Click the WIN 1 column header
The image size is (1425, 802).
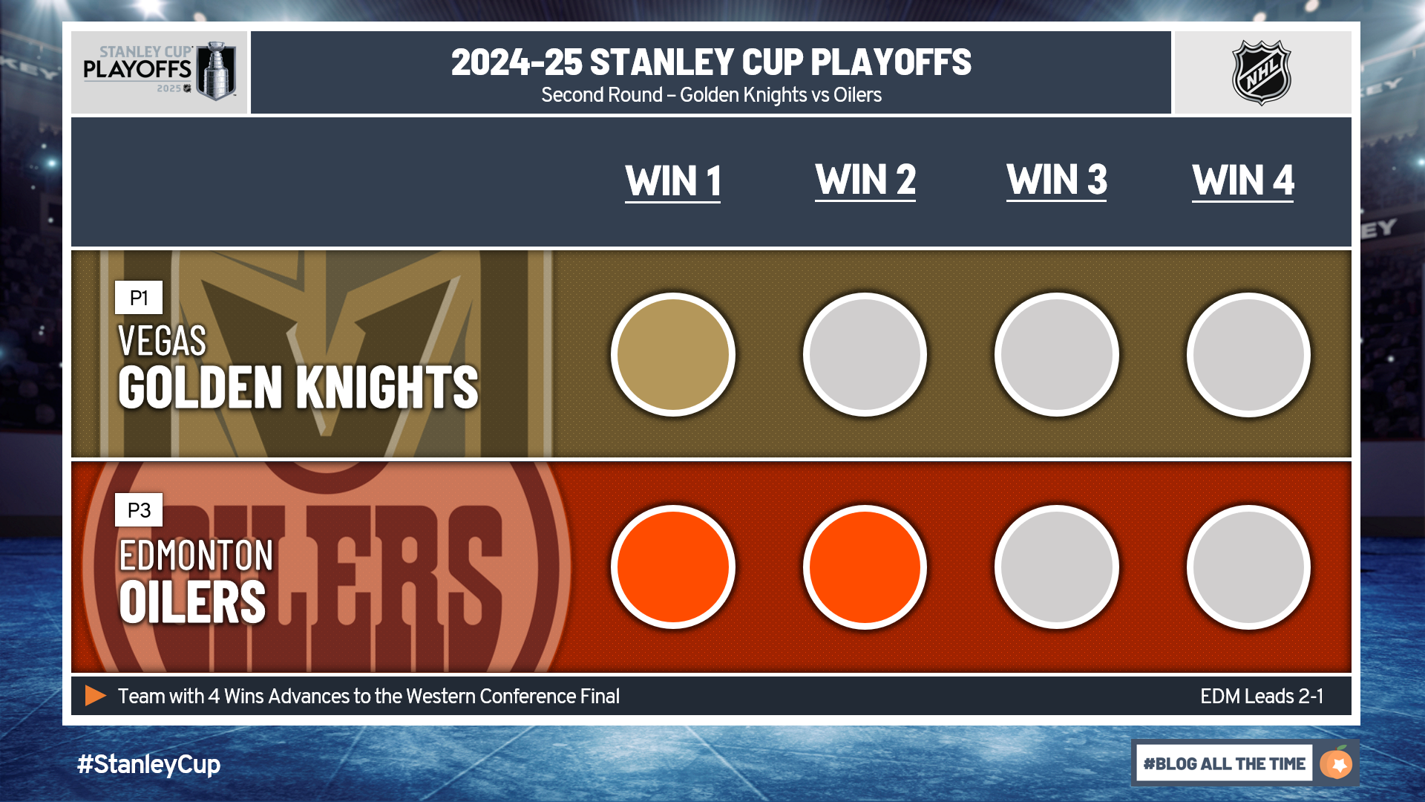[673, 181]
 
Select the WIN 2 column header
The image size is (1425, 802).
[865, 180]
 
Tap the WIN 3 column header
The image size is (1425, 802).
[1057, 180]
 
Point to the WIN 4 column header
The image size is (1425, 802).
[1243, 180]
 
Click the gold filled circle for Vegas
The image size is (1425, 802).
[673, 355]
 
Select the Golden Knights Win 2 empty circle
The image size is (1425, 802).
[865, 355]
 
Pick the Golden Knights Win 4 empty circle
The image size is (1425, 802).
[1248, 355]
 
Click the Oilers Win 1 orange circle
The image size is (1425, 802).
[673, 567]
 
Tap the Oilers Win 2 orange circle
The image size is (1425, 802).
[865, 567]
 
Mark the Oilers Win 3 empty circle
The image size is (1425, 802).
[1057, 567]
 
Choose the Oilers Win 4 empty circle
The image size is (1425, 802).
[1248, 567]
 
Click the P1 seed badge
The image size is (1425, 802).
[139, 298]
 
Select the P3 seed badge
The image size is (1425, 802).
[139, 510]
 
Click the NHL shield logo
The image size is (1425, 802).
[1262, 73]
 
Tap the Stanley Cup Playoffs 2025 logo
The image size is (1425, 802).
[160, 71]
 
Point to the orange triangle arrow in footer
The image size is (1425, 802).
[95, 696]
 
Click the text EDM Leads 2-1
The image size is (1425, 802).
[1262, 696]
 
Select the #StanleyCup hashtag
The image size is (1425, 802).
[148, 764]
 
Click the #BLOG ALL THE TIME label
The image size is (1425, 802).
[1224, 763]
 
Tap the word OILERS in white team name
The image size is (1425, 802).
[192, 602]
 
